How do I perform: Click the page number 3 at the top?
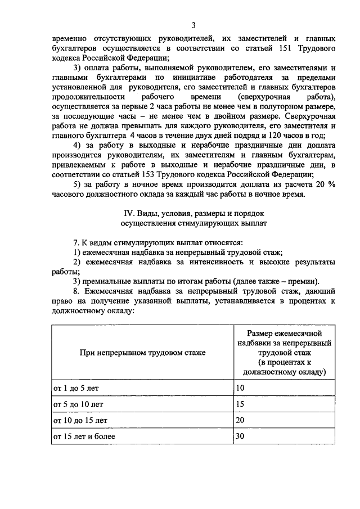[x=193, y=25]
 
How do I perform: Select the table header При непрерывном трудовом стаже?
[x=142, y=353]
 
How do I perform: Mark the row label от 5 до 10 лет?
[x=78, y=404]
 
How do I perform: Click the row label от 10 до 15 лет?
[x=80, y=420]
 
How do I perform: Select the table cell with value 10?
[x=241, y=388]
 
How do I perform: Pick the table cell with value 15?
[x=241, y=404]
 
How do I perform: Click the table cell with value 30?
[x=241, y=436]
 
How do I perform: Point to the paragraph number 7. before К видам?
[x=78, y=242]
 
